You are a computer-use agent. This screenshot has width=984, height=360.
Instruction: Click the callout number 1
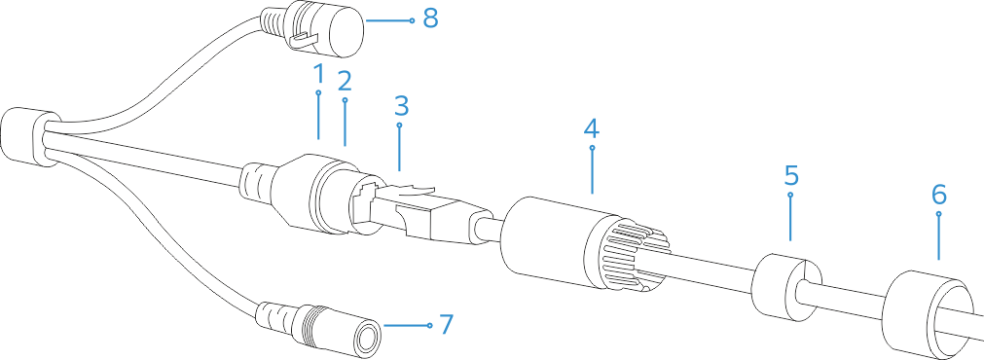point(317,74)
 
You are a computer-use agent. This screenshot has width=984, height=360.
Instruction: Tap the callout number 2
point(344,80)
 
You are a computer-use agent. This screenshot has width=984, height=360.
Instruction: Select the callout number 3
point(400,105)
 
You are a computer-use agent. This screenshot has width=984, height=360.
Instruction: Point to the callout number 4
point(592,127)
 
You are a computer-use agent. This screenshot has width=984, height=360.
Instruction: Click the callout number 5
point(791,176)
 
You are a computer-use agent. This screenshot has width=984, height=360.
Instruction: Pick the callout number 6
point(937,193)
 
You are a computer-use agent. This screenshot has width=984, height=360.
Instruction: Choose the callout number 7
point(446,324)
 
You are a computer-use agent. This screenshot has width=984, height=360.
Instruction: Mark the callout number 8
point(430,18)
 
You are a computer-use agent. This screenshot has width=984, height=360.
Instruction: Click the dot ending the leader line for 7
point(428,324)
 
